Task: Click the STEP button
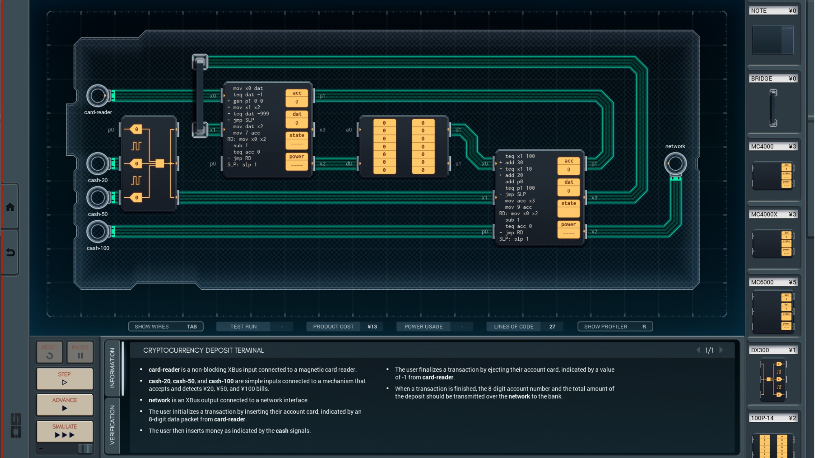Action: coord(64,378)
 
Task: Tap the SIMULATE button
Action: coord(64,431)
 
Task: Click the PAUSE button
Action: coord(80,352)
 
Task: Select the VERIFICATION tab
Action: coord(112,425)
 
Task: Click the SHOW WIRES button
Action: coord(165,327)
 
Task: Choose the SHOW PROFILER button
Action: coord(615,327)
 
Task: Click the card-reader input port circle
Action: coord(97,95)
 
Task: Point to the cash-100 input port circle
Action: coord(97,231)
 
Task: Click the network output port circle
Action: coord(675,164)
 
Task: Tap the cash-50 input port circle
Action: coord(97,197)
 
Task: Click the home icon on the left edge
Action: coord(10,207)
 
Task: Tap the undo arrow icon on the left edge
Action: coord(10,252)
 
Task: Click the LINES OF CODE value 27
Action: coord(552,327)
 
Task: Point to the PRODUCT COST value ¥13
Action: coord(372,327)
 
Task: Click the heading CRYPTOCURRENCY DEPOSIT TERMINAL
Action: coord(203,350)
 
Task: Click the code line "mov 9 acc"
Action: coord(518,207)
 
